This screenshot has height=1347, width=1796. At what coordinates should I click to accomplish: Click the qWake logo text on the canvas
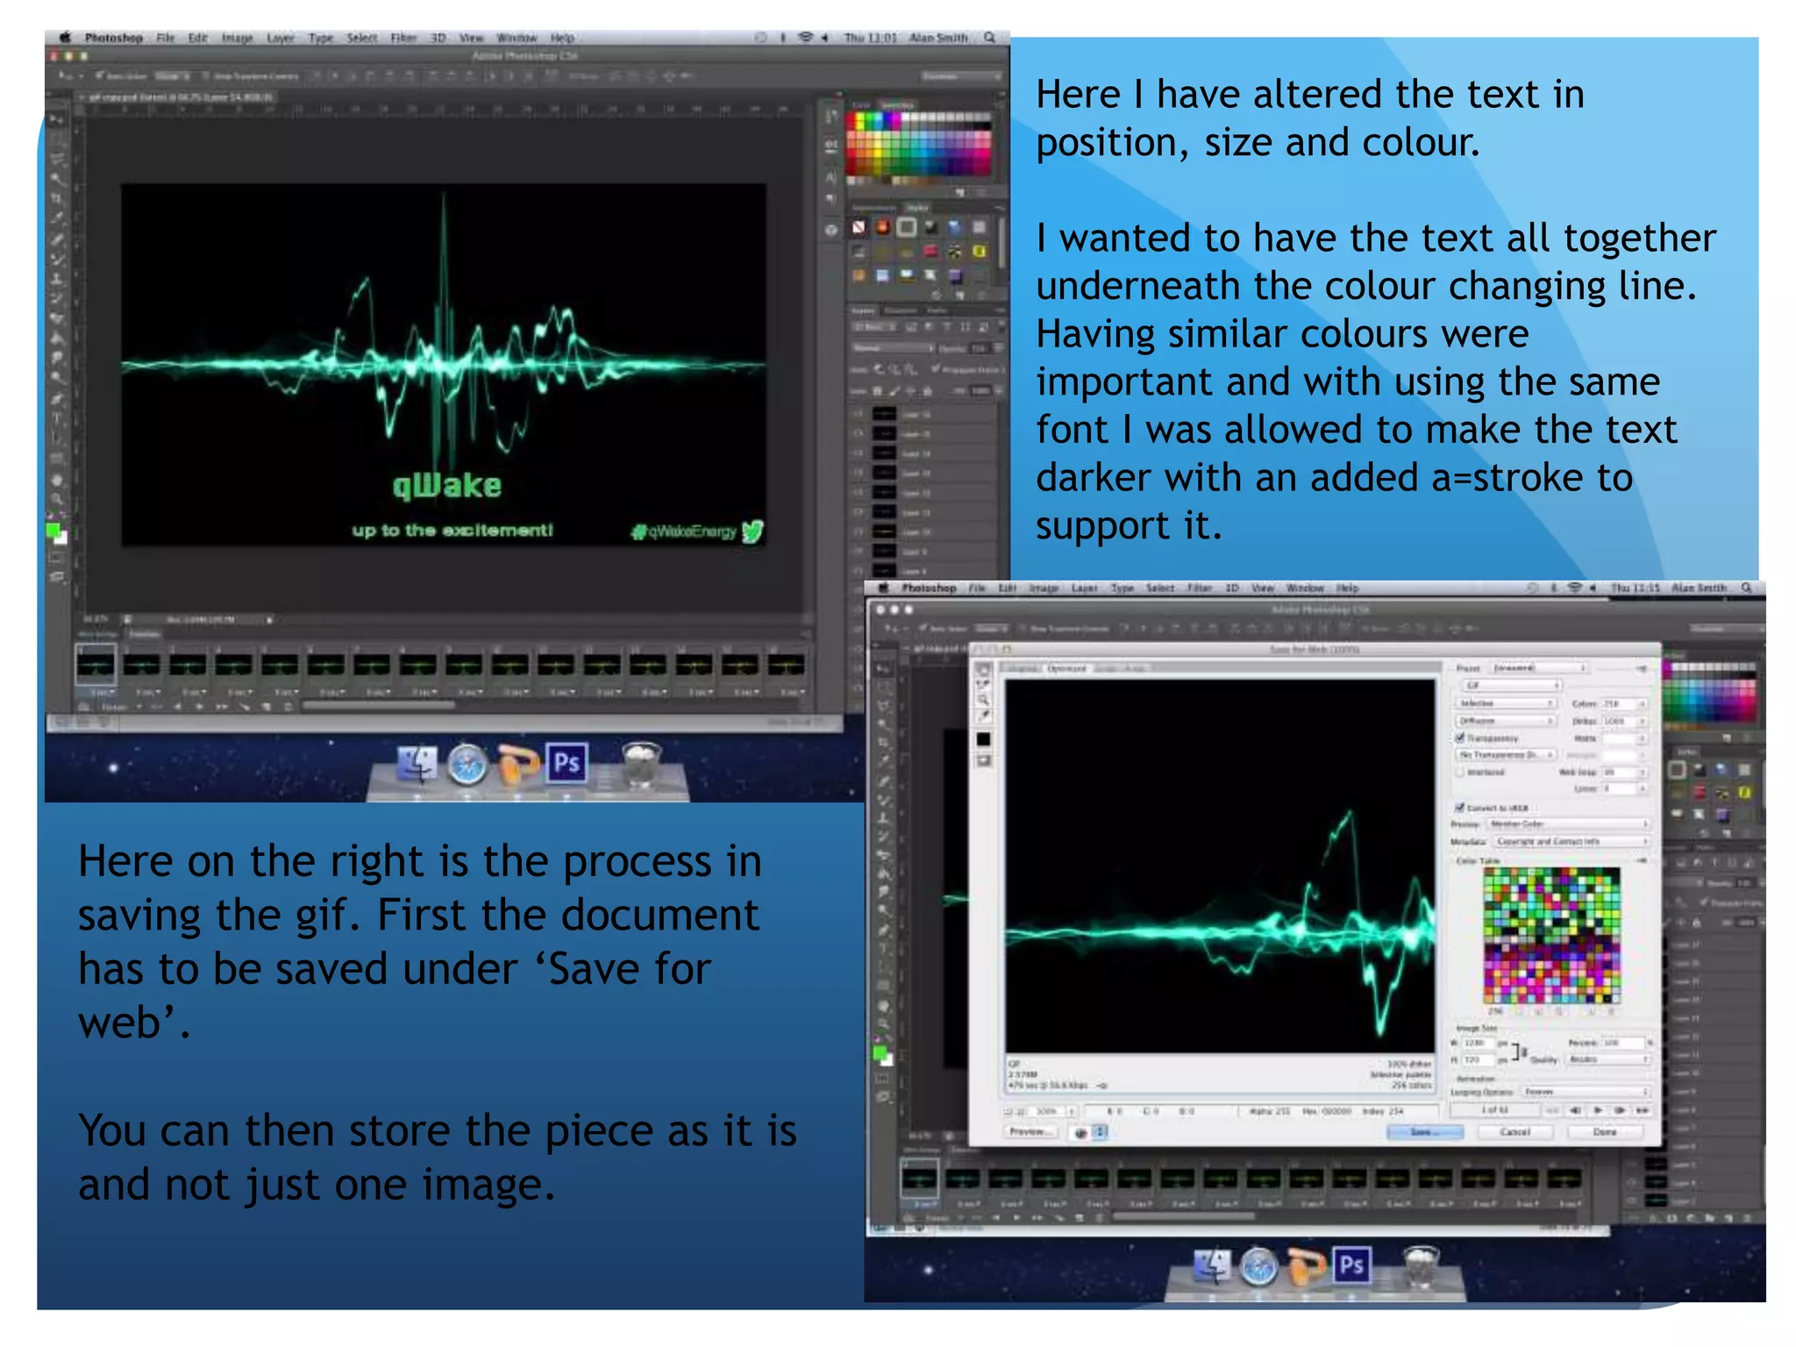(x=447, y=485)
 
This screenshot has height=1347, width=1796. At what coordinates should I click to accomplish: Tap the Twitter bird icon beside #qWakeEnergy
(x=752, y=531)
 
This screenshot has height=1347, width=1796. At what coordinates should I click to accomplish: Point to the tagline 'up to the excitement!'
(x=453, y=531)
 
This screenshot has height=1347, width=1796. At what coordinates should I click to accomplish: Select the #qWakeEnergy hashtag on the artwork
(x=683, y=531)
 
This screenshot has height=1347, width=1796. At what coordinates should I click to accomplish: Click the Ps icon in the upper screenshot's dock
(x=567, y=763)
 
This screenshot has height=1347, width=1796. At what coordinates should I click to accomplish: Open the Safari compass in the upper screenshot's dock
(x=467, y=765)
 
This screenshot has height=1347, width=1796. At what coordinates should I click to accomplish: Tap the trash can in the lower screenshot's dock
(x=1421, y=1265)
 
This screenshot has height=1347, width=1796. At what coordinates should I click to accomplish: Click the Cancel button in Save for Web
(x=1514, y=1132)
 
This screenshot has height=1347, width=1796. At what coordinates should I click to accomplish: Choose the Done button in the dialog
(x=1604, y=1132)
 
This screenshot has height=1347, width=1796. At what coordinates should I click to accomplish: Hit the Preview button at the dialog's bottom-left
(x=1028, y=1132)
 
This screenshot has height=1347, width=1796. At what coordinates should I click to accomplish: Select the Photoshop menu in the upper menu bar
(x=113, y=38)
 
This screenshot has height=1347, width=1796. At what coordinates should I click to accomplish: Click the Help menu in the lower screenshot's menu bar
(x=1347, y=588)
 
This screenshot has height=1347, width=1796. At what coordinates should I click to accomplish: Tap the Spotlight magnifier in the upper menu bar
(x=990, y=38)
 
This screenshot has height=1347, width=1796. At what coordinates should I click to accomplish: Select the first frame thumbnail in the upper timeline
(x=96, y=664)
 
